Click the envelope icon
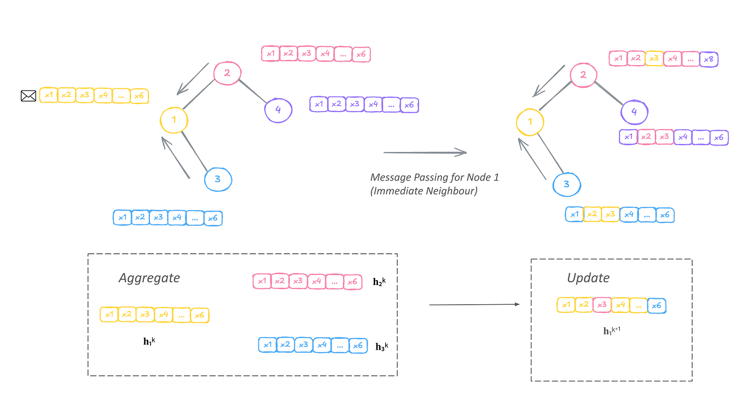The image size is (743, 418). [x=28, y=96]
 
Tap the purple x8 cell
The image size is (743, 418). [x=709, y=59]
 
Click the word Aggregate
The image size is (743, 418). [x=149, y=278]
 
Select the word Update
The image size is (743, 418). [x=588, y=278]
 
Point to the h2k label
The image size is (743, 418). [x=379, y=282]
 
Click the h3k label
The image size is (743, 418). [x=382, y=346]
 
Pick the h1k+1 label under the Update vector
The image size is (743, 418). [x=612, y=331]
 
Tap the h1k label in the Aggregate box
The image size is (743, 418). [x=149, y=341]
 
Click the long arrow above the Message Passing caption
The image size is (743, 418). [x=425, y=153]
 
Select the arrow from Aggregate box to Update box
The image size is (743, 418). [x=474, y=304]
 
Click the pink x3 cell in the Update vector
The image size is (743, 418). [x=602, y=305]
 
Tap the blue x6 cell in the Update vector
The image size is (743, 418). [x=656, y=305]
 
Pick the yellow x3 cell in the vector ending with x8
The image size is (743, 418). [x=654, y=59]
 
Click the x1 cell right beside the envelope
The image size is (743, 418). [x=49, y=95]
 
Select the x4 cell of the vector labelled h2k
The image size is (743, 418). [x=316, y=282]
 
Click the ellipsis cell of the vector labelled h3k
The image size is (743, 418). [x=340, y=345]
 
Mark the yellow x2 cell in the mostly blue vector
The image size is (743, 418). [x=592, y=215]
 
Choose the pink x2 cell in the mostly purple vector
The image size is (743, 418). [x=646, y=137]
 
